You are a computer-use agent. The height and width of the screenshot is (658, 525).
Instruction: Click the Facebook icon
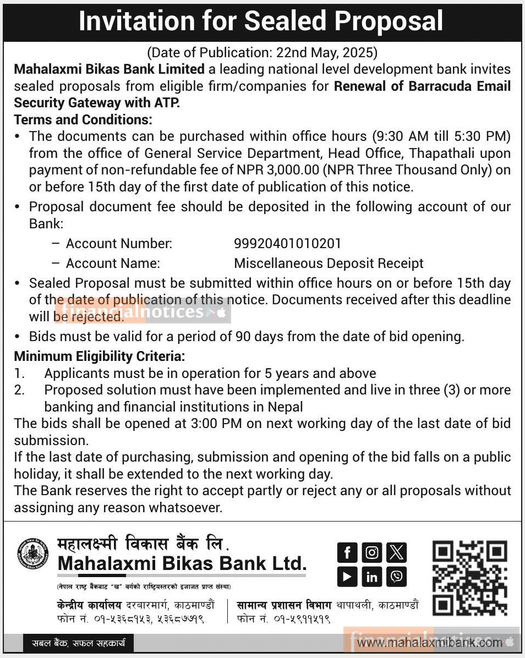tap(347, 552)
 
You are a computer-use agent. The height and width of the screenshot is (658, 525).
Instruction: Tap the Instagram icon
tap(372, 552)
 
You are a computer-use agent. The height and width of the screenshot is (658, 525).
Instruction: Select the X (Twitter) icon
tap(396, 552)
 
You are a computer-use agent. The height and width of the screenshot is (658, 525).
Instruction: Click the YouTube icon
tap(347, 577)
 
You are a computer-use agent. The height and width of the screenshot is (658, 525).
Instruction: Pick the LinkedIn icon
tap(372, 577)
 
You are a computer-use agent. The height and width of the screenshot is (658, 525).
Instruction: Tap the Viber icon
tap(396, 577)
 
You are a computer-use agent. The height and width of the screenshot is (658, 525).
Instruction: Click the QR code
tap(469, 578)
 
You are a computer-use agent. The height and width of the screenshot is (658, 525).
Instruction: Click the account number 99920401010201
tap(288, 243)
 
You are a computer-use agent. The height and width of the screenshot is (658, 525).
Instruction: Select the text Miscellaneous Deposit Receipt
tap(329, 263)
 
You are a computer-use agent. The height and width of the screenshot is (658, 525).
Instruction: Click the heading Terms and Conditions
tap(83, 119)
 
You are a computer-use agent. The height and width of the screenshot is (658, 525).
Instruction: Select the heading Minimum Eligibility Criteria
tap(99, 357)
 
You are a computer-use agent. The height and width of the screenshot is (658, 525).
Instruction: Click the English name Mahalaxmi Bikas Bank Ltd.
tap(182, 563)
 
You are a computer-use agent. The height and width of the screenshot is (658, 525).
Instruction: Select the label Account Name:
tap(113, 263)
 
